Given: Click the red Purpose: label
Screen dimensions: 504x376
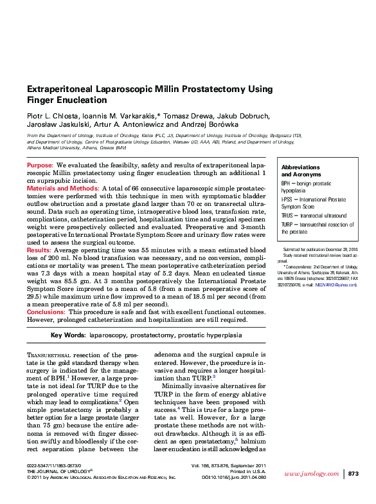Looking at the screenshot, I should [x=39, y=165].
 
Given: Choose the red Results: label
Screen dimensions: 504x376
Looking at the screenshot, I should [x=38, y=250].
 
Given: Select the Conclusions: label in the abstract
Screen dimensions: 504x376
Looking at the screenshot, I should [x=46, y=312].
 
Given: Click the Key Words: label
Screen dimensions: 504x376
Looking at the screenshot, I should [x=67, y=335].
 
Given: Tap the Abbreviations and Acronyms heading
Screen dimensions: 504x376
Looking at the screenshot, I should [x=301, y=171].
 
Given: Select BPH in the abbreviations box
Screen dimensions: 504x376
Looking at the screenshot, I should [x=287, y=183].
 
